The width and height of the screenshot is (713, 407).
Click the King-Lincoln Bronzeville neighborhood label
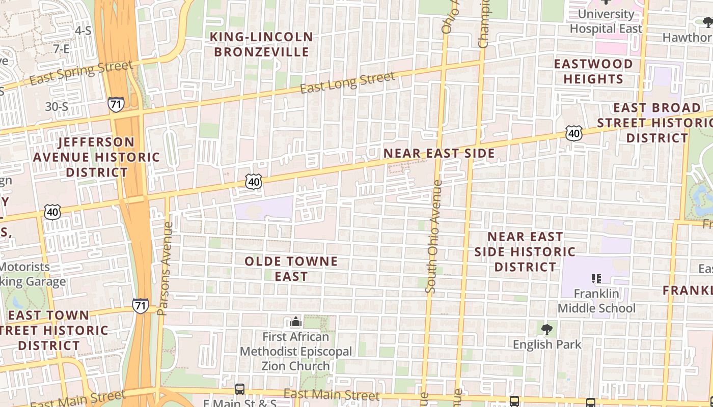(x=262, y=44)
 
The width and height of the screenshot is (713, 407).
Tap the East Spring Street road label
(x=81, y=73)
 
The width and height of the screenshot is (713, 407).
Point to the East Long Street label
(x=347, y=83)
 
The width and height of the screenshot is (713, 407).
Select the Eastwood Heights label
(x=593, y=71)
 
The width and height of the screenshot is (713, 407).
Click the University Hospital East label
(x=606, y=21)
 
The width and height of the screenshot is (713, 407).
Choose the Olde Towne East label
(x=291, y=269)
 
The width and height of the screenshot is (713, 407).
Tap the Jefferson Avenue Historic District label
(x=96, y=157)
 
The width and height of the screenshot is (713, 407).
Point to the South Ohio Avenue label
(x=434, y=237)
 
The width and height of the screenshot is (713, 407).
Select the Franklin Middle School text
(x=596, y=301)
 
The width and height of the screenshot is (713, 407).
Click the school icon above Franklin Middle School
(x=596, y=279)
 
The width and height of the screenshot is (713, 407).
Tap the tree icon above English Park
(x=546, y=330)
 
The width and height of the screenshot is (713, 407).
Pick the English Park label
(x=547, y=344)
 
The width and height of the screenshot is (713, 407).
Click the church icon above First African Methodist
(x=296, y=322)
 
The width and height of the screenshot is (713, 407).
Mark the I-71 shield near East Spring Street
(x=116, y=105)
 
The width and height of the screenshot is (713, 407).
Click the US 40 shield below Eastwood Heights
(x=574, y=133)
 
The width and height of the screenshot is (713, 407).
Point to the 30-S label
(x=57, y=107)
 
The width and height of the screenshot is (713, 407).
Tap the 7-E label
(x=61, y=49)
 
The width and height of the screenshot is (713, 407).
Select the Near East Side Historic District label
(x=525, y=251)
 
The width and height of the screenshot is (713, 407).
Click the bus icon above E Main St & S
(x=240, y=389)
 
